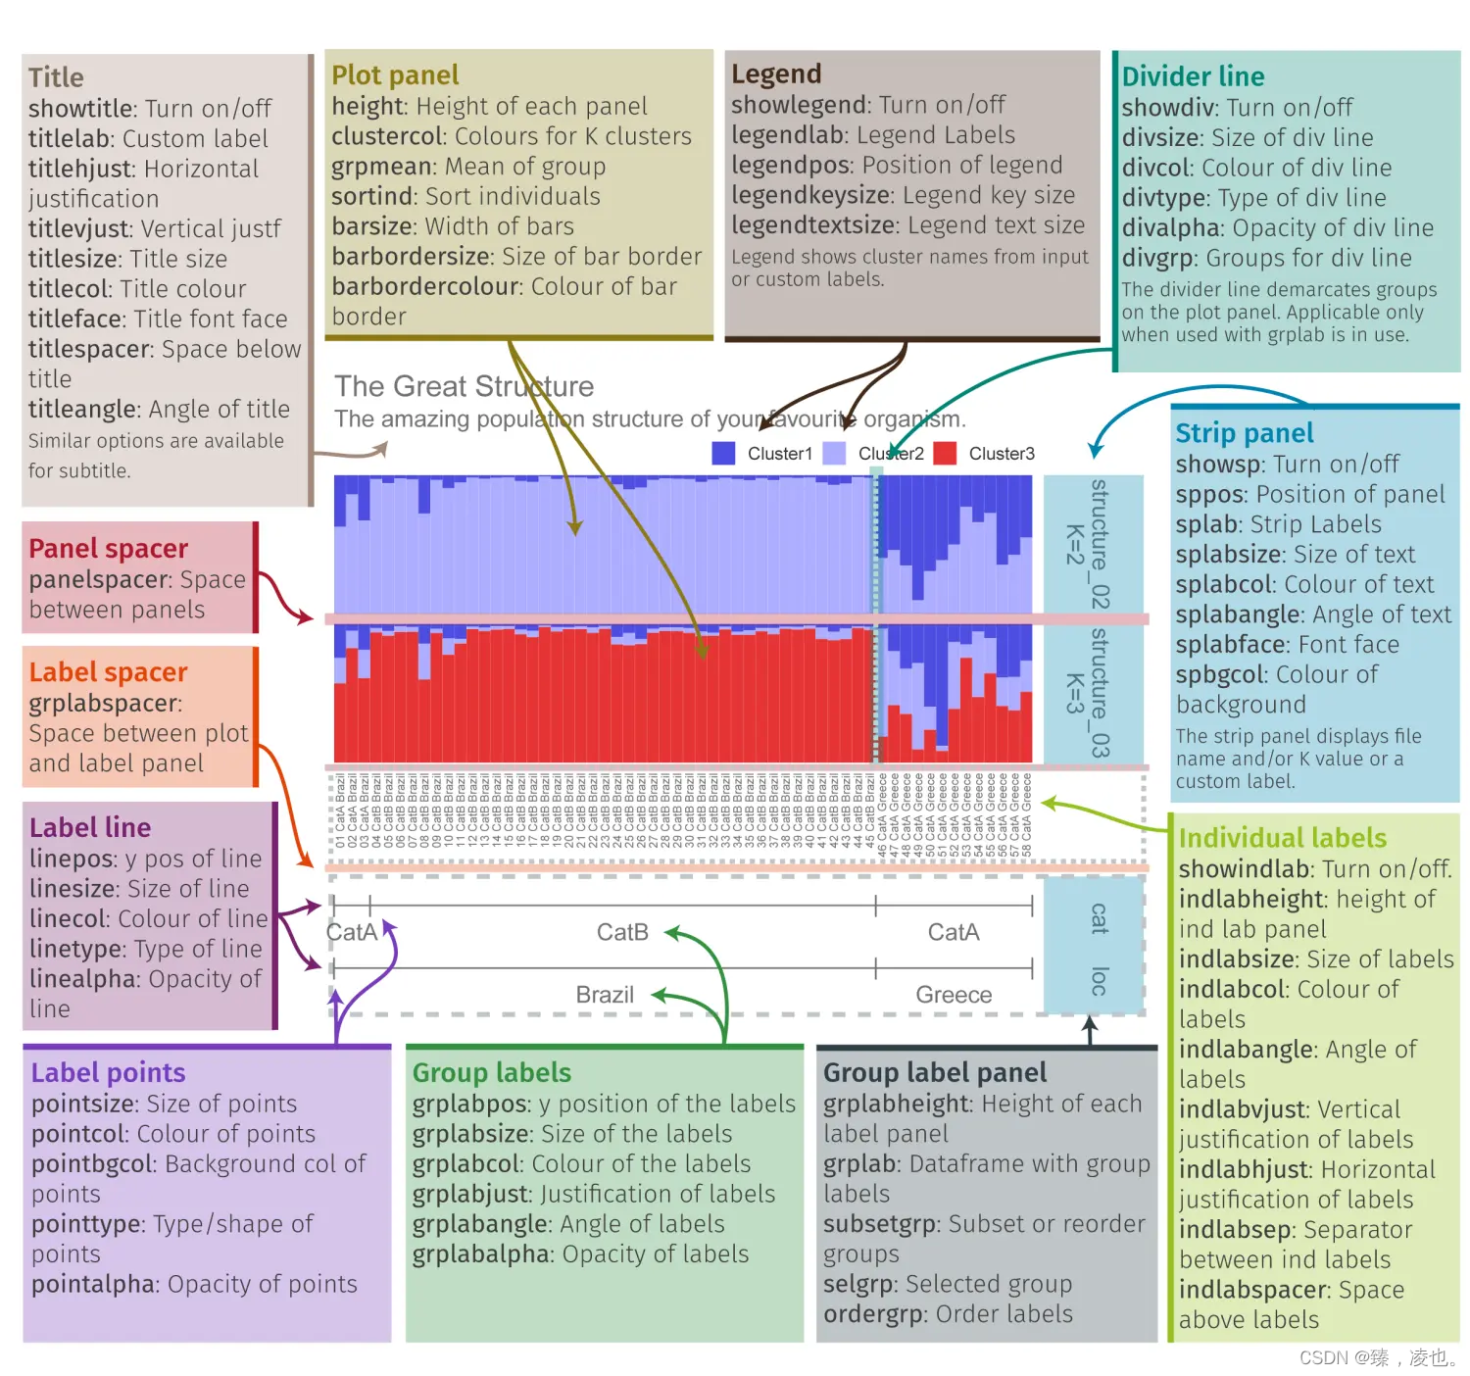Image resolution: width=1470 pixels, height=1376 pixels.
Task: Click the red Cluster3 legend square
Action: pos(945,454)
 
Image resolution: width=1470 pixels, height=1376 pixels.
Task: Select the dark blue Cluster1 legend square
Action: pos(723,454)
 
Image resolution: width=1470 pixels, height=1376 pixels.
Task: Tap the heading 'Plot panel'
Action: pos(395,75)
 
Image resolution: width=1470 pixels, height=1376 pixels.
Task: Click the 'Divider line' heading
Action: pos(1193,76)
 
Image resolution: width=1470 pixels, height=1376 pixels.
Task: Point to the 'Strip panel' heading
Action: pos(1244,433)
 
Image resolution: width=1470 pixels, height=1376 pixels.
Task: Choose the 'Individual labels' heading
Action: pos(1282,838)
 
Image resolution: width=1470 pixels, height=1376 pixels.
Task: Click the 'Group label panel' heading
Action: pos(934,1072)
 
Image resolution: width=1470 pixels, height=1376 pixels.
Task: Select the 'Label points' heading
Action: pos(108,1072)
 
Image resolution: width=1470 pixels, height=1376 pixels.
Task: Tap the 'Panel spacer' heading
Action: pos(108,549)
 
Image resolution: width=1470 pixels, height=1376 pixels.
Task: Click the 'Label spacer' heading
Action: pos(108,672)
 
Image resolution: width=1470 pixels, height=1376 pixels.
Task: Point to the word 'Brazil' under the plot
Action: pos(605,995)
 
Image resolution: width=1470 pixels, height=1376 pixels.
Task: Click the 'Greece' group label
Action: pos(954,995)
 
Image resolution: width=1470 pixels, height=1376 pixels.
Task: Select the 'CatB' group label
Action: pos(622,932)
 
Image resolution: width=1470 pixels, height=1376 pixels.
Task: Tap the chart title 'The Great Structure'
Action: pos(464,386)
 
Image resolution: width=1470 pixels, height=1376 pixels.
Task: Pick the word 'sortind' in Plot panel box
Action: pos(371,196)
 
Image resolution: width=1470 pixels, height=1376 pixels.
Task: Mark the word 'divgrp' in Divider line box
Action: pos(1158,258)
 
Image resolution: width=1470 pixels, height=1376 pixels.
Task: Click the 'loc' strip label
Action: pos(1099,981)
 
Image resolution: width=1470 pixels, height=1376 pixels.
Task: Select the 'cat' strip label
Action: pos(1099,918)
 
